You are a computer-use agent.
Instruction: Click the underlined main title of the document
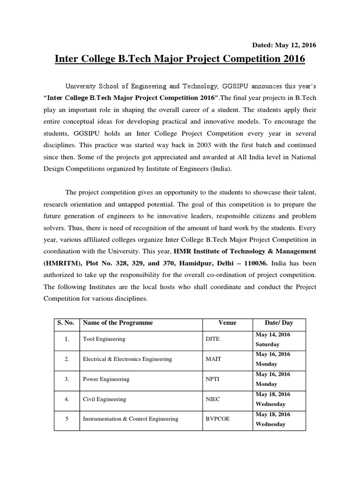click(180, 59)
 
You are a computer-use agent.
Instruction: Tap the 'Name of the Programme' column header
click(118, 323)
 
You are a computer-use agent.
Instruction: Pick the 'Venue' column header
click(227, 323)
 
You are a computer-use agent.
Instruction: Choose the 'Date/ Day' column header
click(279, 323)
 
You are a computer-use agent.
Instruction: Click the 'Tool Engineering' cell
click(104, 339)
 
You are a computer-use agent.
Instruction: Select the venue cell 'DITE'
click(213, 339)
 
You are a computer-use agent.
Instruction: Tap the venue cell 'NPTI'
click(213, 379)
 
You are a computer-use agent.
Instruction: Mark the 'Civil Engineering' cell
click(104, 399)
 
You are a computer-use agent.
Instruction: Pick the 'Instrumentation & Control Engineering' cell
click(130, 419)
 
